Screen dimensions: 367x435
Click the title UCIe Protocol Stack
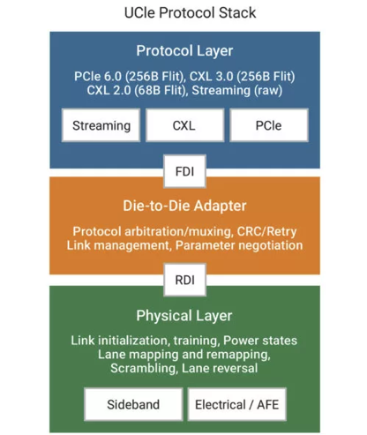click(190, 13)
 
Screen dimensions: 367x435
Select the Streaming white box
click(101, 125)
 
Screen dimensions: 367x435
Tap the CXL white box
click(184, 125)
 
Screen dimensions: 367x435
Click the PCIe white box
click(269, 125)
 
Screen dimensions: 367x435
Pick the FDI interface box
click(184, 171)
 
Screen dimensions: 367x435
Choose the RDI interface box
click(184, 280)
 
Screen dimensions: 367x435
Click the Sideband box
click(133, 404)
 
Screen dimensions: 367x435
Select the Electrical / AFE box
click(236, 404)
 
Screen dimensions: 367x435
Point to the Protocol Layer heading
click(184, 51)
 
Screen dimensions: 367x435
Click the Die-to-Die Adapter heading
click(184, 206)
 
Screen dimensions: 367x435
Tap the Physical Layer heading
click(184, 316)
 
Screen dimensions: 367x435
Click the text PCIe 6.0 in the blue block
click(98, 76)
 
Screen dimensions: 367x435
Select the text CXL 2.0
click(109, 90)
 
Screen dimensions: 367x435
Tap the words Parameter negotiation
click(239, 245)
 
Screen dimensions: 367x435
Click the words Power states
click(260, 341)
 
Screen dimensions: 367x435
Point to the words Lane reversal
click(220, 368)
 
